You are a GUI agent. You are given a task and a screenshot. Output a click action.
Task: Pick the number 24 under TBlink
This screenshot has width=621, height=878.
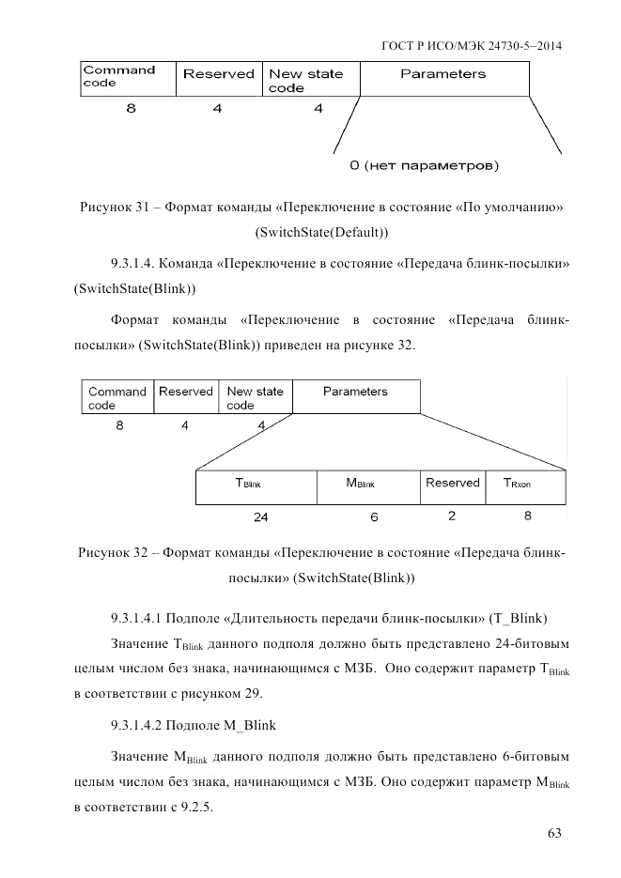(x=260, y=516)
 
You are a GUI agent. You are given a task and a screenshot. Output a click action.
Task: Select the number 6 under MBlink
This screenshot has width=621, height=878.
(x=374, y=516)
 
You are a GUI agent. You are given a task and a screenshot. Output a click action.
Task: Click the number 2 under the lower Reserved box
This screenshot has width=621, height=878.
(x=452, y=516)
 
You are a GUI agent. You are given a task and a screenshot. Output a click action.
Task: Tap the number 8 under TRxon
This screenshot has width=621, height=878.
(x=527, y=516)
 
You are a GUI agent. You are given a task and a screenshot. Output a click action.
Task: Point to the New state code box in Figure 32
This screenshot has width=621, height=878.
(x=255, y=396)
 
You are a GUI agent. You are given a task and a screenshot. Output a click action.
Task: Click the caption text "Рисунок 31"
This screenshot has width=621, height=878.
(x=114, y=206)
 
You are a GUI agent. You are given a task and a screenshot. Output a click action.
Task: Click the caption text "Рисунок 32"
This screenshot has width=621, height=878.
(x=113, y=553)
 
